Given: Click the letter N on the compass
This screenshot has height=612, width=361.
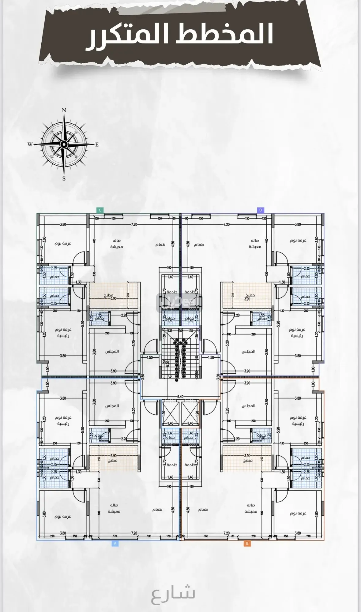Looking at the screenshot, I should (x=64, y=110).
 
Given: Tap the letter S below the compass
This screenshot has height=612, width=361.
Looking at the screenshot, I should (x=64, y=179).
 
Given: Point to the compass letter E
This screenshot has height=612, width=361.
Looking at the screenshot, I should (x=97, y=145).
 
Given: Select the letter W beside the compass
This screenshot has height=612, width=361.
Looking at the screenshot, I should (x=30, y=145).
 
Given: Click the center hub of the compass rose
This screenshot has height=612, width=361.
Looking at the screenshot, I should (x=64, y=144).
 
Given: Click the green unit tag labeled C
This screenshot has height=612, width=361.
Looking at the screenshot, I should (x=100, y=210).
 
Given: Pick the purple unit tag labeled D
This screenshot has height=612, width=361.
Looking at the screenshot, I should (x=261, y=210).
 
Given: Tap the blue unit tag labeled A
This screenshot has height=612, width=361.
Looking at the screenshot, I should (x=115, y=543).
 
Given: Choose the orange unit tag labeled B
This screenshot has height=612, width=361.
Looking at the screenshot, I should (x=247, y=543).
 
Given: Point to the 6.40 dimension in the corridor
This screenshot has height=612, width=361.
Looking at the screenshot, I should (x=180, y=397).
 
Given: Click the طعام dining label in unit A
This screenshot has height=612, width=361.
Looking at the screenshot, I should (x=157, y=509).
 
